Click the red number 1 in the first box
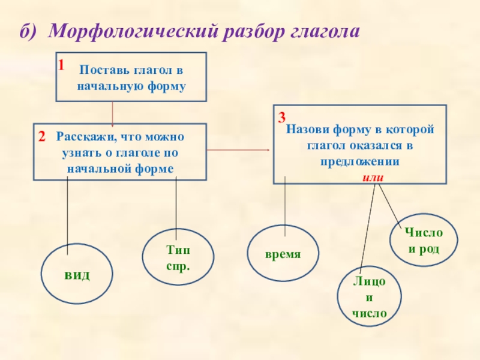[x=61, y=65]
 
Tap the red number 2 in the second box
[x=42, y=137]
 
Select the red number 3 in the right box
[x=281, y=118]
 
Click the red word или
[x=373, y=178]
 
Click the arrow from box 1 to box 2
[x=112, y=114]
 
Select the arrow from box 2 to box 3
[x=238, y=150]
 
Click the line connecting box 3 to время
[x=285, y=206]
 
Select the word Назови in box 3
[x=308, y=129]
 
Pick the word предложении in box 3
[x=360, y=161]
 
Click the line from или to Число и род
[x=389, y=205]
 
